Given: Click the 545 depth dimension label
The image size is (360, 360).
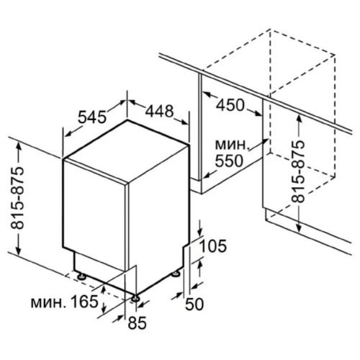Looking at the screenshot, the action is tap(92, 117).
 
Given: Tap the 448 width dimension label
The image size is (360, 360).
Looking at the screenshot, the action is tap(159, 111).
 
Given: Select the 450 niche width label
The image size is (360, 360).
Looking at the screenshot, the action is tap(230, 104).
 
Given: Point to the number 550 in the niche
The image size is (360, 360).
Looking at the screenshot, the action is tap(229, 161).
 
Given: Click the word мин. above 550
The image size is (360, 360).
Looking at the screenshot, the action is tap(231, 145).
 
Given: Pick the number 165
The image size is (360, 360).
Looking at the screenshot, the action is tap(84, 302).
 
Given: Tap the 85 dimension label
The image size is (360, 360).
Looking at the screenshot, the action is tap(137, 323).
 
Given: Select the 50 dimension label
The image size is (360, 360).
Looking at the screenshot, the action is tap(194, 304).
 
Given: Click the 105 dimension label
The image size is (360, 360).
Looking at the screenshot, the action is tap(213, 246).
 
